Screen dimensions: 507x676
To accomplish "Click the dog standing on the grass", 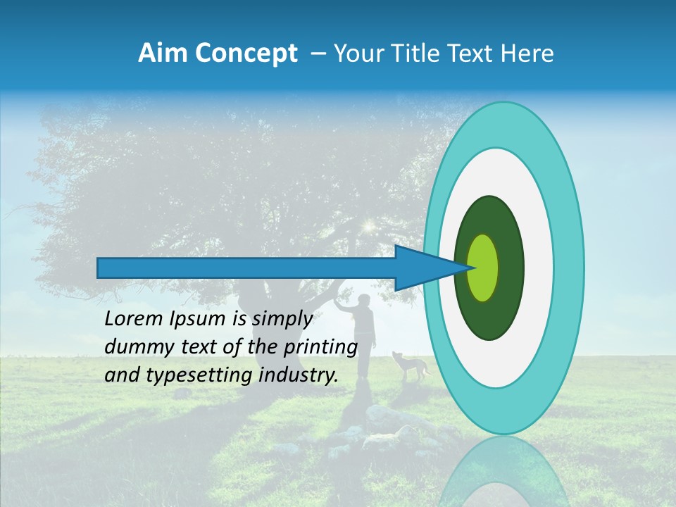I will point(412,366).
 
